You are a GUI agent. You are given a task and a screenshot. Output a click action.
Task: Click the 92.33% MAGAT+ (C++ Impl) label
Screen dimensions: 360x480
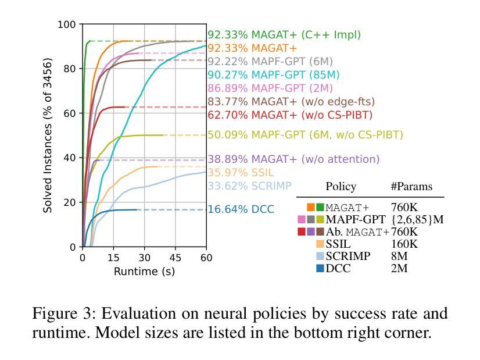pyautogui.click(x=284, y=35)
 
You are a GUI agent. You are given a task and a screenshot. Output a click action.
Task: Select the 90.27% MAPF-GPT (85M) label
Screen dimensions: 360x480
pyautogui.click(x=273, y=75)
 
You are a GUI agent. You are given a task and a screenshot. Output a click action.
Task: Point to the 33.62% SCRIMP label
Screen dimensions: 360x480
pyautogui.click(x=249, y=186)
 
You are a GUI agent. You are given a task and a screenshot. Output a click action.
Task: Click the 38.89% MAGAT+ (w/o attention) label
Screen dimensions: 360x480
pyautogui.click(x=293, y=159)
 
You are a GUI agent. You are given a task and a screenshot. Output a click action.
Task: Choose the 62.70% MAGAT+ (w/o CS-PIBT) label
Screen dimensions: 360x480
pyautogui.click(x=289, y=115)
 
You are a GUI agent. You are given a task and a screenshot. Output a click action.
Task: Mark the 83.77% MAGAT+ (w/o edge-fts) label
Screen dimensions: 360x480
pyautogui.click(x=291, y=102)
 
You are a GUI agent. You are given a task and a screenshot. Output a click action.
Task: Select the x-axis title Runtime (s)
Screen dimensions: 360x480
pyautogui.click(x=144, y=272)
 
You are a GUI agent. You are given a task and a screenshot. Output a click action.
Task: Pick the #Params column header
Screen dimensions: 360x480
pyautogui.click(x=411, y=187)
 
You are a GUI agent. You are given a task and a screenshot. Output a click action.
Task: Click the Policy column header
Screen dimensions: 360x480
pyautogui.click(x=341, y=187)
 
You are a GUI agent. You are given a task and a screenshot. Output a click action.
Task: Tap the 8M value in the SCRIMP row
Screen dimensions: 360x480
pyautogui.click(x=400, y=256)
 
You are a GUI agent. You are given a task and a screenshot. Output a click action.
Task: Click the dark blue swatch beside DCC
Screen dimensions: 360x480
pyautogui.click(x=320, y=268)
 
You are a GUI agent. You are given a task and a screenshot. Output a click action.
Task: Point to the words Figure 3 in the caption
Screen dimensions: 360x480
pyautogui.click(x=64, y=314)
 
